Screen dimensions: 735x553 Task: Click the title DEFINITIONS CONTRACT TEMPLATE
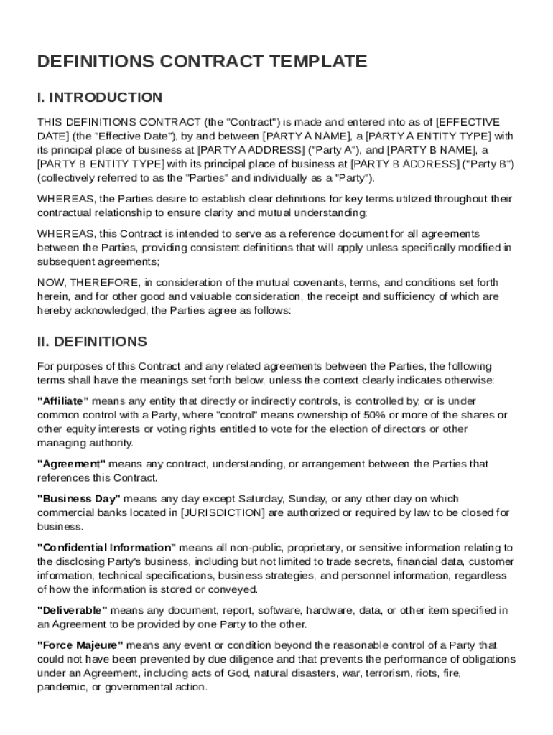[202, 62]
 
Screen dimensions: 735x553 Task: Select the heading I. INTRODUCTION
[100, 97]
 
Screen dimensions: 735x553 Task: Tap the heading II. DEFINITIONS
[92, 341]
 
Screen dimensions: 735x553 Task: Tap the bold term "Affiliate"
[63, 401]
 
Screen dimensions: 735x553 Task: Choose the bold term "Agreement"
[71, 464]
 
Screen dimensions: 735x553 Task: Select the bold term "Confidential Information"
[106, 548]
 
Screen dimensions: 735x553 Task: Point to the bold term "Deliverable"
[73, 610]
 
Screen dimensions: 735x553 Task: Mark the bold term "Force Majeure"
[80, 645]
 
